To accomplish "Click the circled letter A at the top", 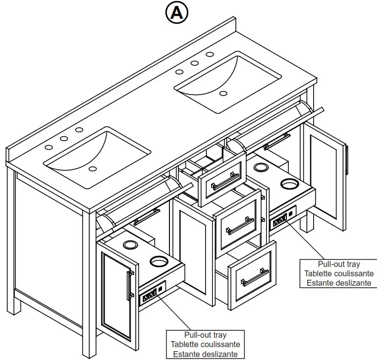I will click(x=177, y=13).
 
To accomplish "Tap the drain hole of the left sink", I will click(x=92, y=169).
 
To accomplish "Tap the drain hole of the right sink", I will click(x=223, y=93).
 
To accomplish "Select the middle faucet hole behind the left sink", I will click(x=63, y=139).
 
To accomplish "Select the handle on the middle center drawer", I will click(x=240, y=226).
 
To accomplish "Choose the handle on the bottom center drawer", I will click(x=255, y=277).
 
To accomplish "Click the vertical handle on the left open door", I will click(x=129, y=286).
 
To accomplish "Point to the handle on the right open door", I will click(x=347, y=159).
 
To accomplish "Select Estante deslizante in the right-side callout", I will click(x=339, y=283).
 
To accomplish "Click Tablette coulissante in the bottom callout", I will click(x=205, y=344).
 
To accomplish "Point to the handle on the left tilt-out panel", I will click(x=146, y=216).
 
